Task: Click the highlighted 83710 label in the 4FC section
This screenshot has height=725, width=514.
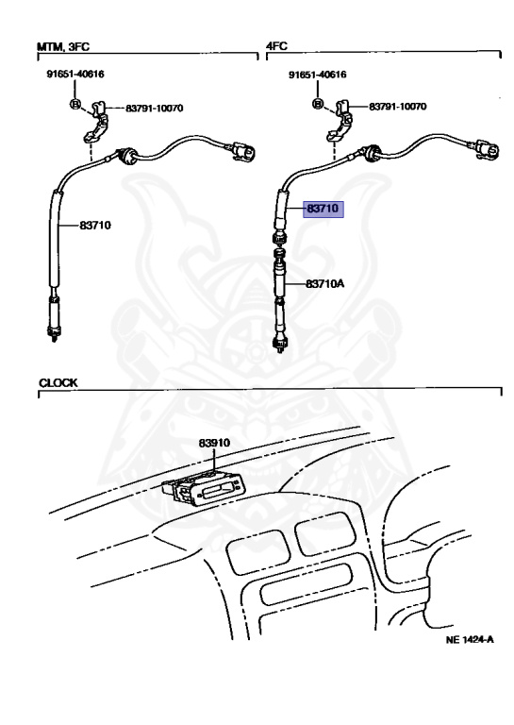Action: tap(323, 209)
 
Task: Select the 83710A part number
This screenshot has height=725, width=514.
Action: tap(325, 283)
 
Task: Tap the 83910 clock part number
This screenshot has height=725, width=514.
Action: tap(214, 443)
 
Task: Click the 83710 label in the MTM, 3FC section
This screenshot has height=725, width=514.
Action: tap(95, 226)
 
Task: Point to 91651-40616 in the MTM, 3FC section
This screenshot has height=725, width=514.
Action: tap(75, 74)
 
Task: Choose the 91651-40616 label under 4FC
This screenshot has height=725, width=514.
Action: tap(317, 75)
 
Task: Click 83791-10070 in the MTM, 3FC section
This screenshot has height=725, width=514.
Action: tap(155, 109)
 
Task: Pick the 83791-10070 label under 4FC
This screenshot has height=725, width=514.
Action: tap(398, 107)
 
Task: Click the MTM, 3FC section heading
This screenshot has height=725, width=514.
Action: tap(63, 46)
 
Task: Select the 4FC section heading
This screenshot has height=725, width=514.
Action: tap(276, 45)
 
